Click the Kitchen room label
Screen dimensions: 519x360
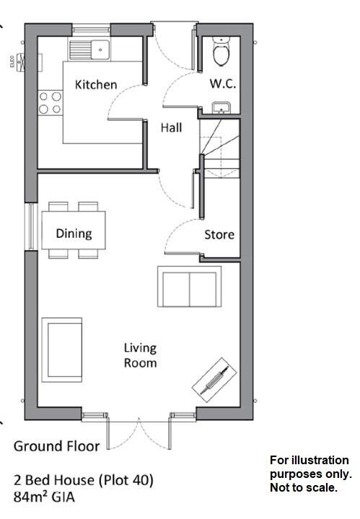95,84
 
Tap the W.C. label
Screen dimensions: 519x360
223,84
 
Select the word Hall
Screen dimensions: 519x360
171,128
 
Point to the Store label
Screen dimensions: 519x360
219,235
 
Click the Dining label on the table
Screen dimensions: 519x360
74,233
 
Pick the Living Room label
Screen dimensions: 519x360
140,355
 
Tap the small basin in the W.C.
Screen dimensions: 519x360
220,108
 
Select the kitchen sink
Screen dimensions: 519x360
89,50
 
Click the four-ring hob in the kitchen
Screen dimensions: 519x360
51,102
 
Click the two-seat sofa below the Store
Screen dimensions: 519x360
189,286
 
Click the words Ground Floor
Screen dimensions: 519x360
56,446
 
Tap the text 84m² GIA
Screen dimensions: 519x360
44,496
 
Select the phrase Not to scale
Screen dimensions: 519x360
303,487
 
